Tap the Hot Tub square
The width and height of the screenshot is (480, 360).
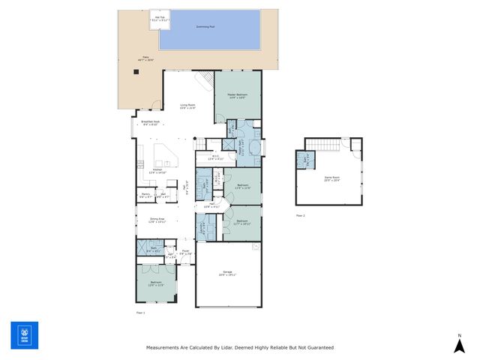[x=160, y=20]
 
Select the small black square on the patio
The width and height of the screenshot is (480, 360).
[x=136, y=72]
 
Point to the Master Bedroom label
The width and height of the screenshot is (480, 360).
[x=237, y=95]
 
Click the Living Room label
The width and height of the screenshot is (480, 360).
[x=187, y=106]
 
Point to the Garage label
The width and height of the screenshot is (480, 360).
[x=227, y=273]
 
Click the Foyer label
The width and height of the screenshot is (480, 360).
[x=186, y=252]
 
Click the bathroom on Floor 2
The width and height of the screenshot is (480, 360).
[x=305, y=159]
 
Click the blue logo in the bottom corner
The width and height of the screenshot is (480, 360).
[x=24, y=335]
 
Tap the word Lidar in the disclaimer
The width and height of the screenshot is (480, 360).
[x=232, y=348]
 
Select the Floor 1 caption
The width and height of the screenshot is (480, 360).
[x=139, y=311]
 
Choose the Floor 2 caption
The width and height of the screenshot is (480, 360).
[x=300, y=215]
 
